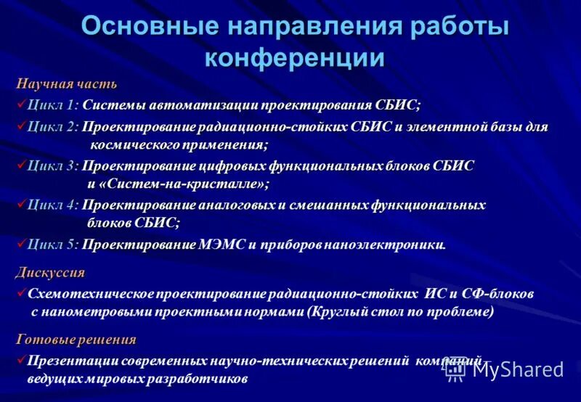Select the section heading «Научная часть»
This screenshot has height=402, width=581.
point(66,84)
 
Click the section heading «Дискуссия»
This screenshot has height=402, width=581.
point(50,273)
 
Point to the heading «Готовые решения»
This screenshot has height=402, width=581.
point(76,340)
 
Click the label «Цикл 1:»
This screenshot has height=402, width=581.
point(53,105)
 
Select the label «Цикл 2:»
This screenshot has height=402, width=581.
point(53,128)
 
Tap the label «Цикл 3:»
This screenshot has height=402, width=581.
point(53,166)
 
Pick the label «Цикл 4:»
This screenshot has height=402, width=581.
point(53,205)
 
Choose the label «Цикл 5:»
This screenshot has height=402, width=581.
point(53,245)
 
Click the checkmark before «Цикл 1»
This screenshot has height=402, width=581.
point(21,104)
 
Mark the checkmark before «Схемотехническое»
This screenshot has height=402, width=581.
point(21,294)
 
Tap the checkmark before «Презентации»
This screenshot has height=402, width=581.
point(21,360)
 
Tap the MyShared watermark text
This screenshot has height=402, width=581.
point(518,369)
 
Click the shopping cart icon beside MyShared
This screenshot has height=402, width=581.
point(455,369)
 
